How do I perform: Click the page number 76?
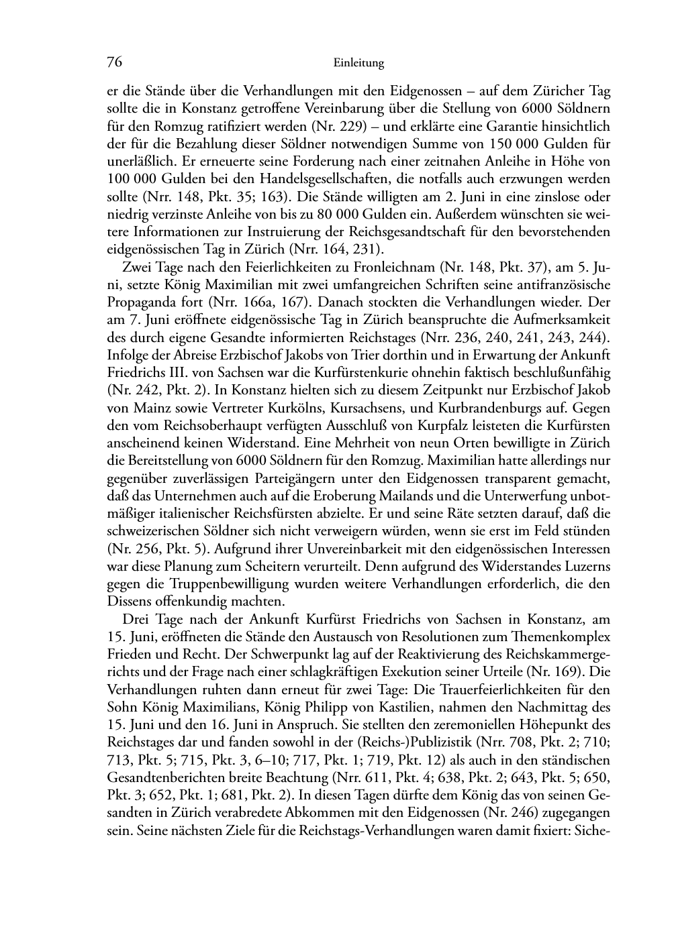[114, 62]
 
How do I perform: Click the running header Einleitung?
[358, 64]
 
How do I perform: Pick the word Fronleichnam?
[395, 267]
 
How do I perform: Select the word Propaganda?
[138, 302]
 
